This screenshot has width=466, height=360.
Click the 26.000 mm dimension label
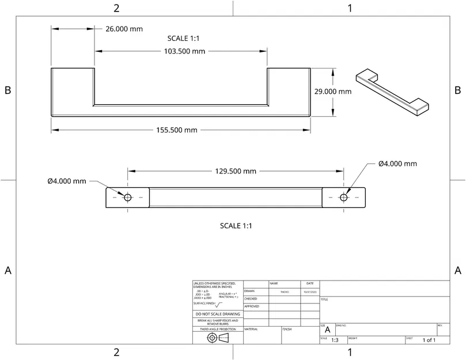(x=124, y=29)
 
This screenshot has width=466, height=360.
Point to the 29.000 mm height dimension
(x=333, y=92)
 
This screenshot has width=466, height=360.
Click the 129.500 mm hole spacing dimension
(x=235, y=171)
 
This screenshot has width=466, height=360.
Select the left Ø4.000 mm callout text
(x=67, y=181)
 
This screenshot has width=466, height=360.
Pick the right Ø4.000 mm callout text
(x=397, y=164)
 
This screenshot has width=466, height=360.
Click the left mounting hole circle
(x=127, y=197)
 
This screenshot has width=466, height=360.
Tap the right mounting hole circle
(x=344, y=197)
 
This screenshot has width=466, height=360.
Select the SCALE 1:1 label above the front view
(x=183, y=38)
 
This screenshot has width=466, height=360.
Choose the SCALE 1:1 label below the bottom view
(x=236, y=226)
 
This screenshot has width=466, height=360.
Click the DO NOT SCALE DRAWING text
(x=217, y=314)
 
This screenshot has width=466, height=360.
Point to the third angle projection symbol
(x=218, y=338)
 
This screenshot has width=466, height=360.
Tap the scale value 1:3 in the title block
(x=335, y=340)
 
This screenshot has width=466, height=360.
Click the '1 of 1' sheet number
(x=429, y=340)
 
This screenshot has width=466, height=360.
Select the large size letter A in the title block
(x=328, y=331)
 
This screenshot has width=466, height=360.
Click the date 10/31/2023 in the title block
(x=310, y=292)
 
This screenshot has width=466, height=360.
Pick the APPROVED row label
(x=252, y=306)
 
